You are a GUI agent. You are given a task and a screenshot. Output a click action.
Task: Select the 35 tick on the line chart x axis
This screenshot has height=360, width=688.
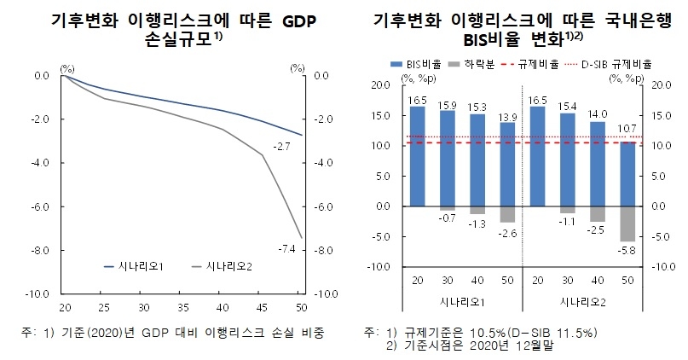coord(182,306)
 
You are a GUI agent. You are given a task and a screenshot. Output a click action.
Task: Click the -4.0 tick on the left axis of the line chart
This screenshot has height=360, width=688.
coord(39,162)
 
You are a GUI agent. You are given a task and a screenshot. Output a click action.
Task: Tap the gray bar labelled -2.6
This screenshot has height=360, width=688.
coord(507,214)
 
